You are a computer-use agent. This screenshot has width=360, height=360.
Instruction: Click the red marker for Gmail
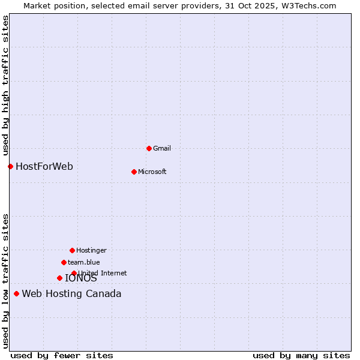(x=149, y=148)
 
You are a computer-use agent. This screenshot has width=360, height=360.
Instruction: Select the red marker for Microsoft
(x=134, y=172)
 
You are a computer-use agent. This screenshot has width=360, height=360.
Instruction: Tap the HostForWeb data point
(x=10, y=166)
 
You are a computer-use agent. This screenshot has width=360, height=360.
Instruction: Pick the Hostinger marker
(x=72, y=250)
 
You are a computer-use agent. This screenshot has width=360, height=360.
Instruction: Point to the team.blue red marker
(x=64, y=262)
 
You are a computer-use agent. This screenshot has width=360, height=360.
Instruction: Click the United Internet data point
(x=74, y=273)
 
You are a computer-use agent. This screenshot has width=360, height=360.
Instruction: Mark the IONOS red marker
(x=59, y=278)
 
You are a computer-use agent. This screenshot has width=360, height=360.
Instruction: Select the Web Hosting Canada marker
(x=16, y=293)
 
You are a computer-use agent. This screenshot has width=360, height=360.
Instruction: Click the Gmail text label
(x=162, y=148)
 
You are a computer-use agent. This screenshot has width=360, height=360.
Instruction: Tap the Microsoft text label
(x=152, y=172)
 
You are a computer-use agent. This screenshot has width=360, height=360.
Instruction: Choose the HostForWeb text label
(x=44, y=166)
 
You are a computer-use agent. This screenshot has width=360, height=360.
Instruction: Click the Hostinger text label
(x=91, y=250)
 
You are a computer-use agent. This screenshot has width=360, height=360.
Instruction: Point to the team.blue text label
(x=84, y=262)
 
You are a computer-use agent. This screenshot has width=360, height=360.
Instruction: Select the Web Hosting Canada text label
(x=71, y=293)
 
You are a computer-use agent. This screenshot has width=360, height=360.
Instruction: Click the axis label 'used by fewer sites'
(x=62, y=355)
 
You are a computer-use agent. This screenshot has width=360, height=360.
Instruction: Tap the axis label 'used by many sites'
(x=301, y=355)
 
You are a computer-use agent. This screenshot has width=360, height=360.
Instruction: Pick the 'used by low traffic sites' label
(x=6, y=280)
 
